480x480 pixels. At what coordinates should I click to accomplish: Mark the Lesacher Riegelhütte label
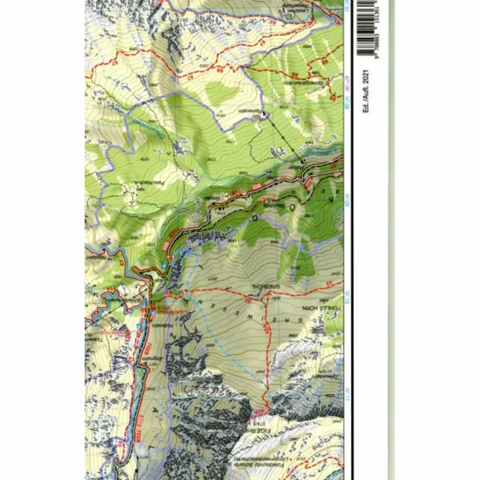293,9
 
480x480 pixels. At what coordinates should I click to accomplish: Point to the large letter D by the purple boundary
254,217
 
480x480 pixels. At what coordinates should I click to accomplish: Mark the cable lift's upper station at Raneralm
264,114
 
